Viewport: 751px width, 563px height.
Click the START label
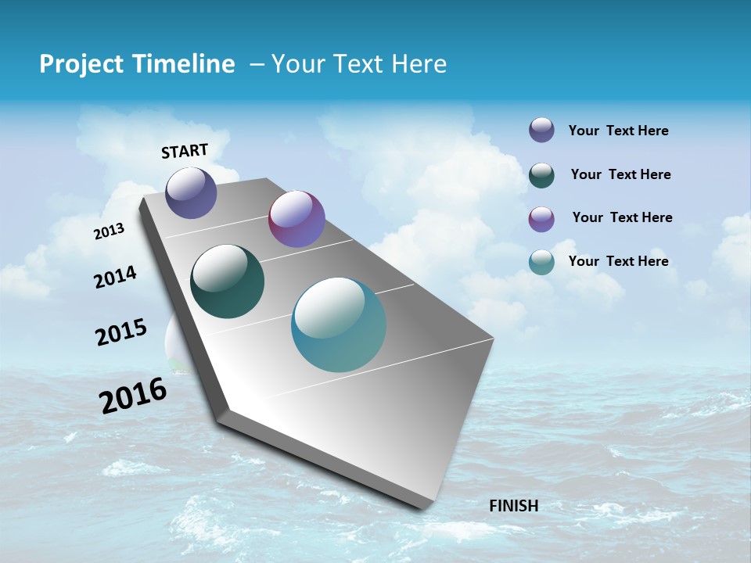point(185,151)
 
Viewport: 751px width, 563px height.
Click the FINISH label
point(513,506)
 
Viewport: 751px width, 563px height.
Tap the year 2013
point(109,231)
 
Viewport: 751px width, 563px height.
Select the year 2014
point(115,278)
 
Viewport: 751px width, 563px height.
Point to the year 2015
point(120,332)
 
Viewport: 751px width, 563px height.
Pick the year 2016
point(133,395)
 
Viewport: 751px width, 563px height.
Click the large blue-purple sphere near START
point(191,192)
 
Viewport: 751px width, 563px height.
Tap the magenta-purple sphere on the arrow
point(296,219)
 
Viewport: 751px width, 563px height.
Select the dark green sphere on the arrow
point(227,281)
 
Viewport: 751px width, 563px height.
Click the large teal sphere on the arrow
point(339,325)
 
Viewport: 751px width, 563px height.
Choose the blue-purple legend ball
point(541,130)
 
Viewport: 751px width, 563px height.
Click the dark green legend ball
point(541,174)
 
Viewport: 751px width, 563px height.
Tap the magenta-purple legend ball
point(541,218)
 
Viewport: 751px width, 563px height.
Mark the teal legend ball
point(541,262)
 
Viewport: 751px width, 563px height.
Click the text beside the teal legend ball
point(618,261)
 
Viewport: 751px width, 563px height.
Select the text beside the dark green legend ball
point(620,174)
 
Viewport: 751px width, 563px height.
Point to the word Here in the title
point(419,64)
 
